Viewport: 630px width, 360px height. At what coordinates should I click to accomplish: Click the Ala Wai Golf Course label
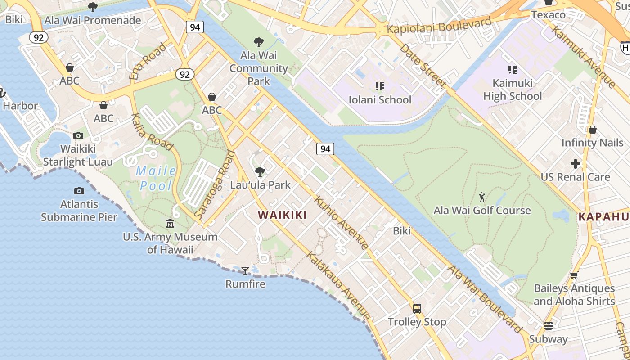tap(482, 210)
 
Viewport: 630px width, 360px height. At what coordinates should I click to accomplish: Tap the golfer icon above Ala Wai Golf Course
tap(482, 197)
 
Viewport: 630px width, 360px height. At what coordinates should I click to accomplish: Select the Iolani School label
tap(380, 99)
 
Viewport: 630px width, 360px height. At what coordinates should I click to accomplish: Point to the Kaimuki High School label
tap(513, 90)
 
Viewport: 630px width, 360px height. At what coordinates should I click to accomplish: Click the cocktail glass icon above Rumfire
tap(245, 270)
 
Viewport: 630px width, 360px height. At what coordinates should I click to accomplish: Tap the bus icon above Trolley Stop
tap(417, 309)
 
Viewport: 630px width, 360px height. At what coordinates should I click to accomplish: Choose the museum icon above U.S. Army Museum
tap(170, 223)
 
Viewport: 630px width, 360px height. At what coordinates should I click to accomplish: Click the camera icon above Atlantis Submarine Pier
tap(79, 191)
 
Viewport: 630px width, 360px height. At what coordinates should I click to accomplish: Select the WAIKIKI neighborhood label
tap(283, 215)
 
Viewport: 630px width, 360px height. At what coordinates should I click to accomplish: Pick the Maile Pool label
tap(156, 178)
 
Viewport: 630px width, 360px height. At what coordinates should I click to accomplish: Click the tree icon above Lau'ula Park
tap(260, 171)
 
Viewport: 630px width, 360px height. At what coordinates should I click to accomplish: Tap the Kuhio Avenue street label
tap(342, 222)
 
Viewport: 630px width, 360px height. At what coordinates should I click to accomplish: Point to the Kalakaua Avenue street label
tap(339, 285)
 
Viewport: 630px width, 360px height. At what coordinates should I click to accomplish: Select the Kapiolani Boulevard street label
tap(439, 26)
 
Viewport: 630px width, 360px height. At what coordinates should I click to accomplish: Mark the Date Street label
tap(423, 66)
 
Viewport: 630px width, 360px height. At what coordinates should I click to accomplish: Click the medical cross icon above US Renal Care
tap(575, 164)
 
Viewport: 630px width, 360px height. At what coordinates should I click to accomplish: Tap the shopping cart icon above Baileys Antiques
tap(574, 275)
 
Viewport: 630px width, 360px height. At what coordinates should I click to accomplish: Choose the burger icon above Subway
tap(548, 325)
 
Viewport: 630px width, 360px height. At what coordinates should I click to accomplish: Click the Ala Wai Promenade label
tap(93, 20)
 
